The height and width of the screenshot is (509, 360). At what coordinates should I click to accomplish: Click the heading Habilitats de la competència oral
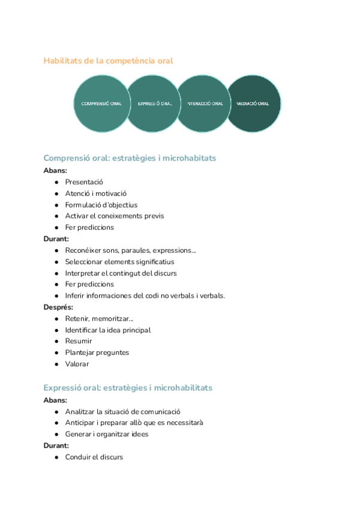click(x=108, y=61)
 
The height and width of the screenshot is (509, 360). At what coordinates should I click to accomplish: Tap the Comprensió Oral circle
click(x=101, y=103)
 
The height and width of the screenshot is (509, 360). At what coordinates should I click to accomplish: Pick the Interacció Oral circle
click(x=204, y=103)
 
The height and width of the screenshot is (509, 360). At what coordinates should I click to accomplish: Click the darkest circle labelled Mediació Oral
click(x=254, y=103)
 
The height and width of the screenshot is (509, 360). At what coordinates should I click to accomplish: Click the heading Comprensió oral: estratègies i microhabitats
click(x=130, y=158)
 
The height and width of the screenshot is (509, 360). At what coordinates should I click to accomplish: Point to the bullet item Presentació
click(x=84, y=181)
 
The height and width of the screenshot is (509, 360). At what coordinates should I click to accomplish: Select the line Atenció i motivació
click(x=96, y=193)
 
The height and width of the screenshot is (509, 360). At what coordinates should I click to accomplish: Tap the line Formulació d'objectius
click(x=101, y=205)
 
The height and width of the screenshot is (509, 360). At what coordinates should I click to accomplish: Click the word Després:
click(x=58, y=307)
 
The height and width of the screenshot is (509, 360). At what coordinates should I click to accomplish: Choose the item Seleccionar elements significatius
click(x=119, y=262)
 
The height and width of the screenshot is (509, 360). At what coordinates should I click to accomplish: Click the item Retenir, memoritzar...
click(x=99, y=318)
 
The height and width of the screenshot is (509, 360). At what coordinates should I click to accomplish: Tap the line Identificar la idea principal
click(x=107, y=330)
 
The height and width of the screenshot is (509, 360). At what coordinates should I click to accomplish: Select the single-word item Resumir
click(x=79, y=341)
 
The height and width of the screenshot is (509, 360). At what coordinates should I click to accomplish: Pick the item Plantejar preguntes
click(x=97, y=352)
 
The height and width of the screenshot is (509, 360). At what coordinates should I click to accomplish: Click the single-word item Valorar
click(x=77, y=364)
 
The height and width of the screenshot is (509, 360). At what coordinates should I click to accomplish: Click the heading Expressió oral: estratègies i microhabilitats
click(x=128, y=388)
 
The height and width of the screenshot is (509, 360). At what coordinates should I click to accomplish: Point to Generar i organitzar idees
click(x=106, y=434)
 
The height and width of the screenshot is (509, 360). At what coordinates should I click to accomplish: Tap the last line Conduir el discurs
click(x=94, y=457)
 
